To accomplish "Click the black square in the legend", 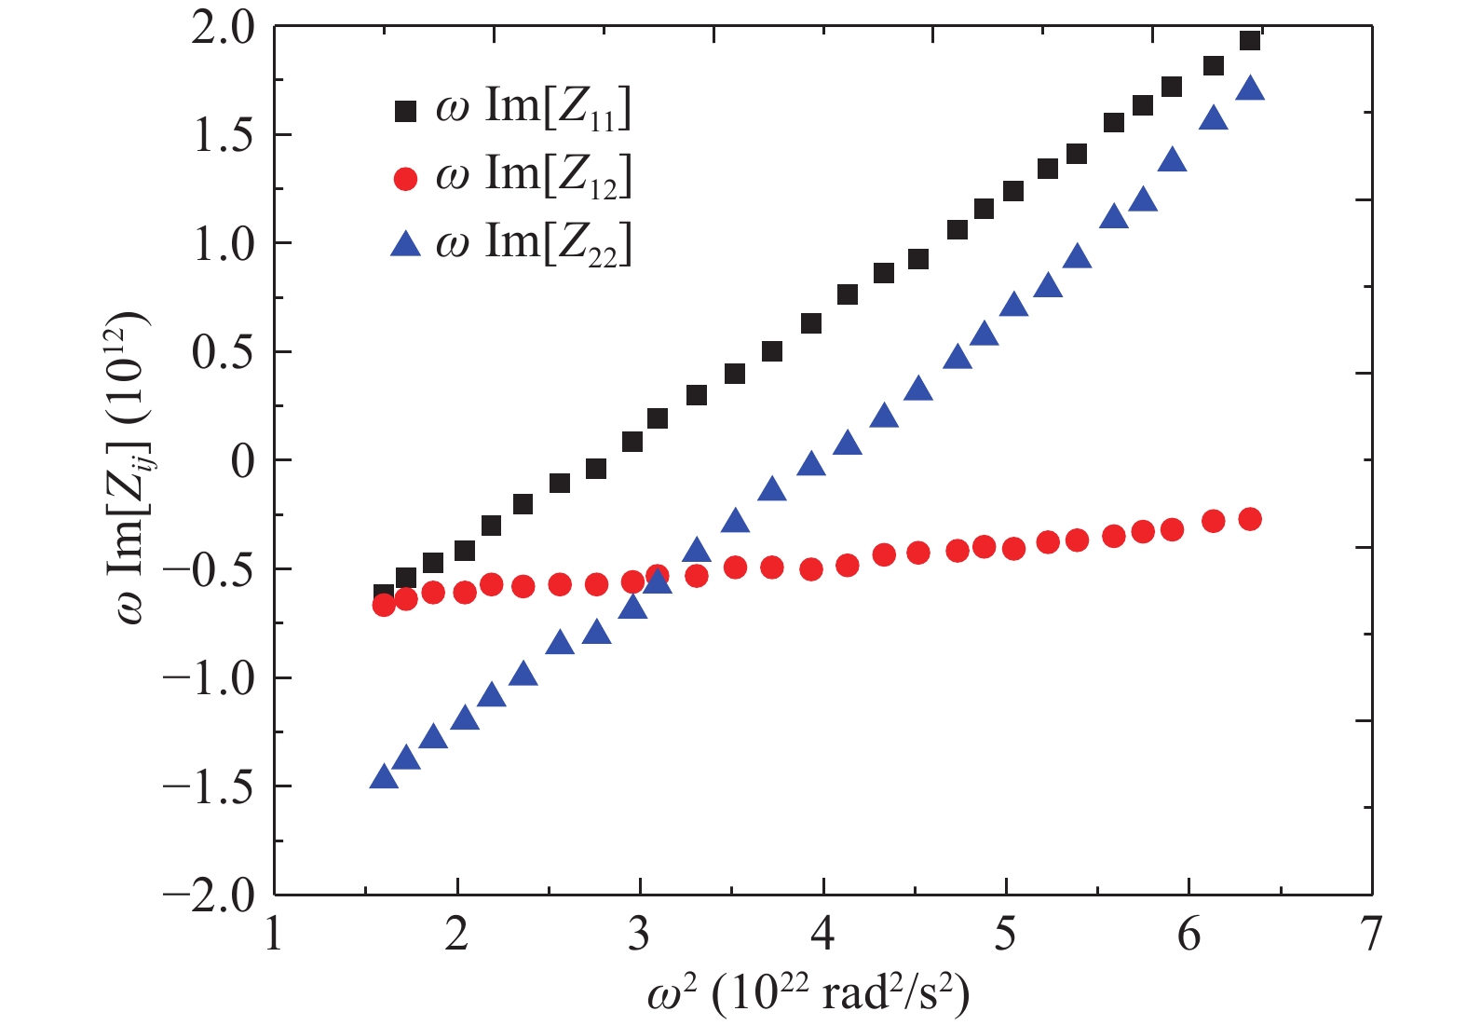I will click(405, 111).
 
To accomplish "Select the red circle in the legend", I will click(405, 177).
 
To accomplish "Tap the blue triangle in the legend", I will click(405, 245).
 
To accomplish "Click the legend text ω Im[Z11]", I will click(534, 108).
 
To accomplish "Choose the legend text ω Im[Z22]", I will click(534, 244).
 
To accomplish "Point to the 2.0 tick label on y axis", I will click(223, 28).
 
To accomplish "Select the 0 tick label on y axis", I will click(242, 460).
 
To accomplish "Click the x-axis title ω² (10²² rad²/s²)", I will click(808, 994).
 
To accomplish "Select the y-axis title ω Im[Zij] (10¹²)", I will click(130, 466).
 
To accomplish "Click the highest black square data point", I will click(1250, 41).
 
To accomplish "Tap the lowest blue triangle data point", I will click(384, 777).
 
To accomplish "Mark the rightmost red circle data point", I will click(1250, 519).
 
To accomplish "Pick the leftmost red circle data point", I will click(384, 605).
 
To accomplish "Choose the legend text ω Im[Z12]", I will click(534, 176).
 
